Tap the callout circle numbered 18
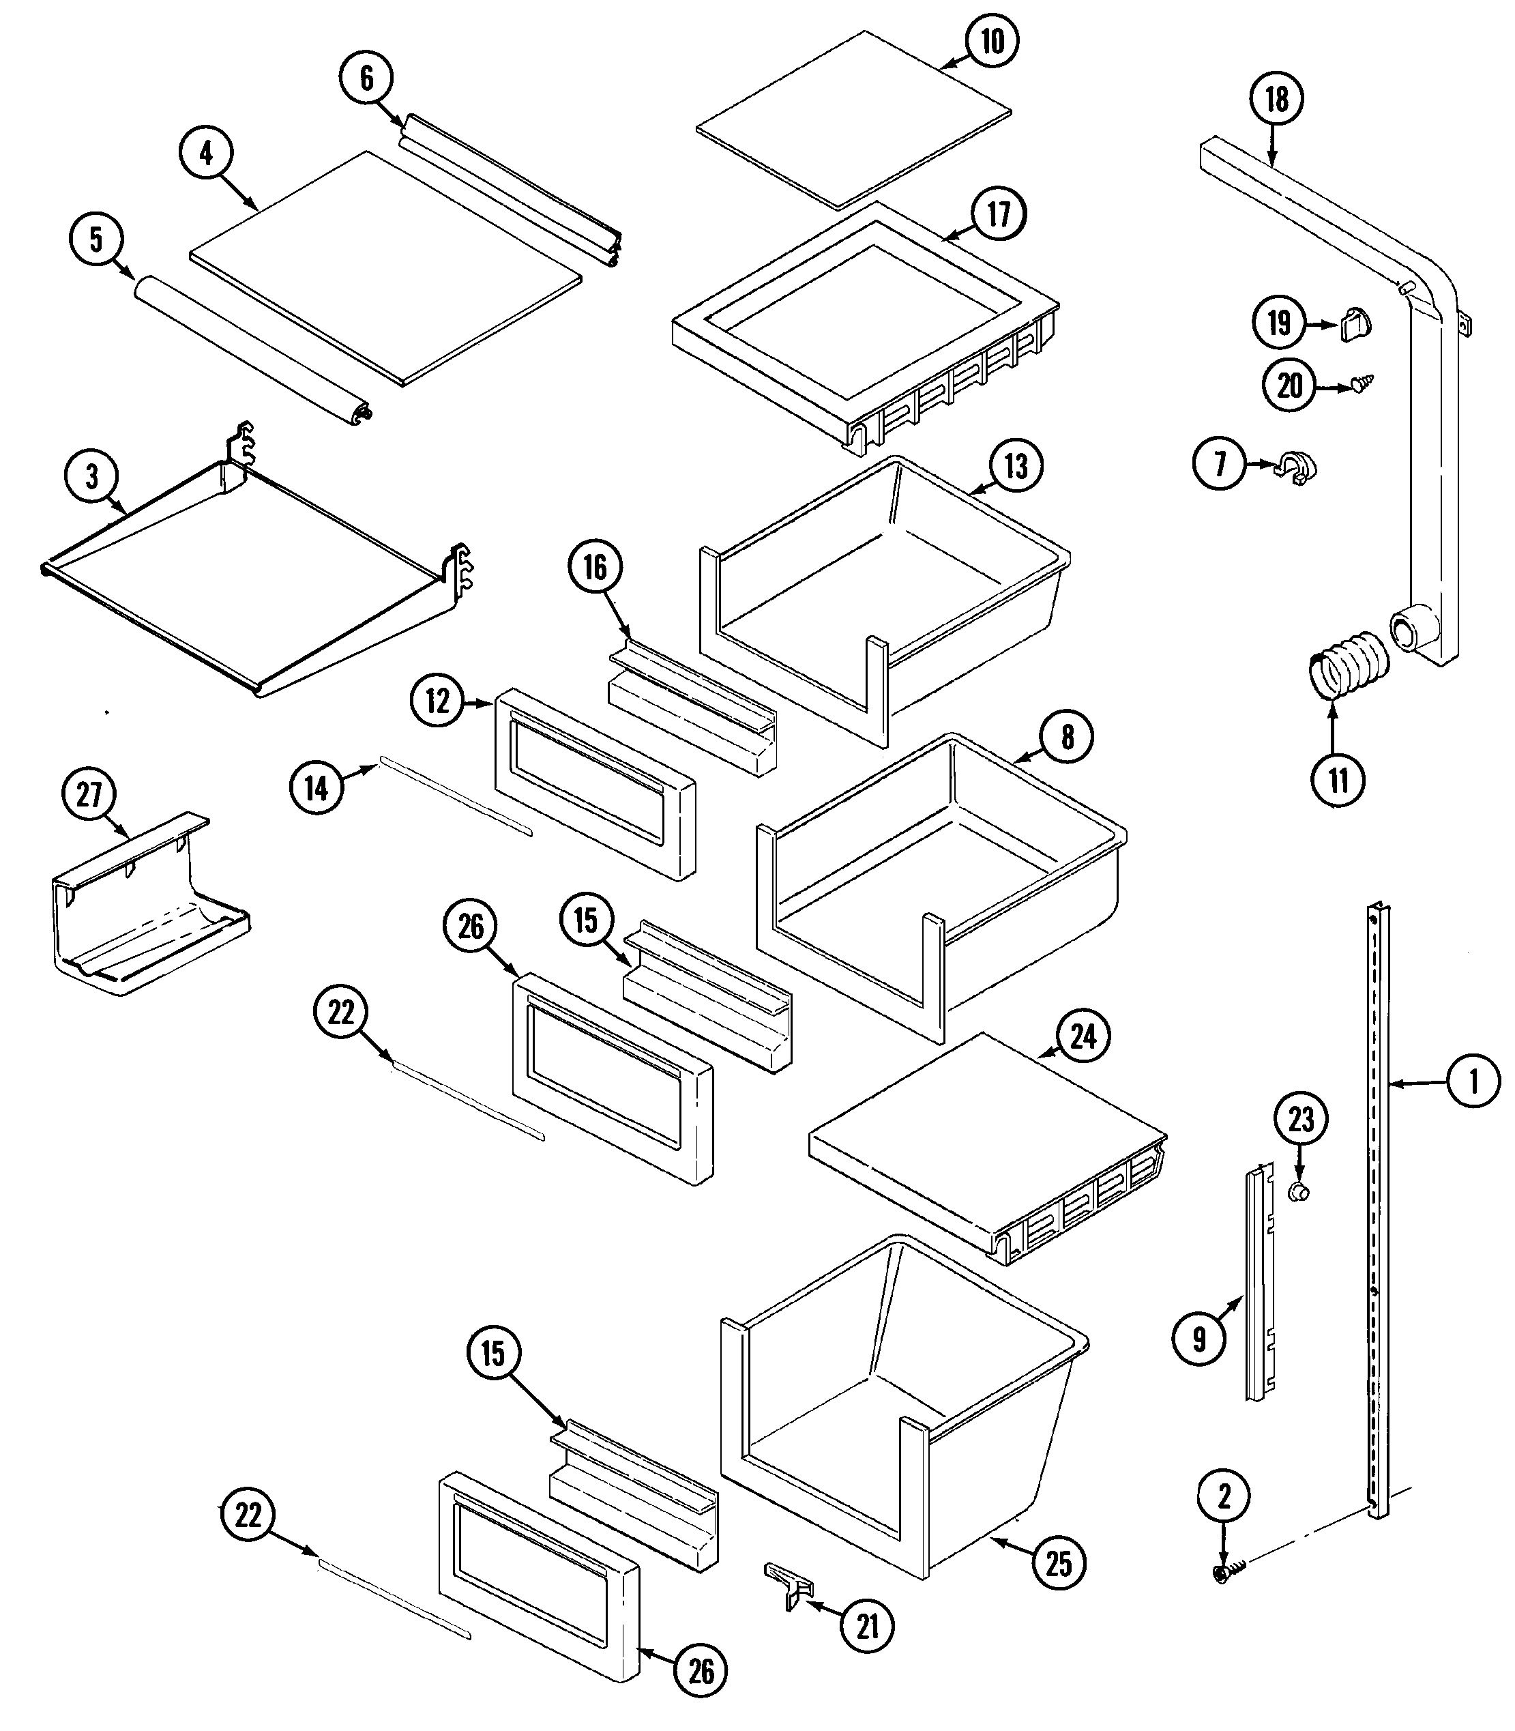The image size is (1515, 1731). click(x=1276, y=99)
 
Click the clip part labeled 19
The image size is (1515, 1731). click(x=1356, y=324)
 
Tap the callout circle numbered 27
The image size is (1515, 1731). click(x=89, y=795)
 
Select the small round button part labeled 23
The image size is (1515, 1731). click(x=1299, y=1193)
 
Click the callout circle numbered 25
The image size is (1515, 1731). click(x=1059, y=1564)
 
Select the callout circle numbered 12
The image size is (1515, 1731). click(x=437, y=701)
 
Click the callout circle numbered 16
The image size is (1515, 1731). click(x=595, y=568)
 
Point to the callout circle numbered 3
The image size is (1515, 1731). click(x=92, y=477)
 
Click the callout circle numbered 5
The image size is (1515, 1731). click(x=95, y=239)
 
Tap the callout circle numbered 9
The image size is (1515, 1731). click(x=1198, y=1339)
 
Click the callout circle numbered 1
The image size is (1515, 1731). click(x=1473, y=1081)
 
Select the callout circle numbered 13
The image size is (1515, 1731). click(x=1016, y=466)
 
